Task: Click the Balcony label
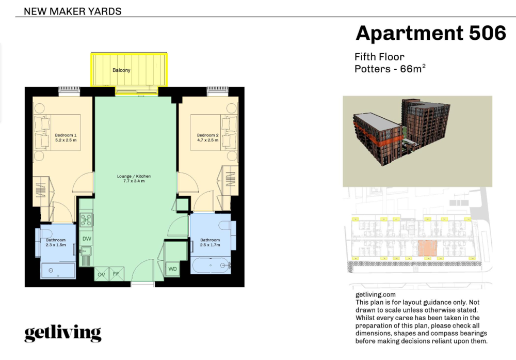tap(121, 70)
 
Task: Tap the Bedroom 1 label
tap(66, 135)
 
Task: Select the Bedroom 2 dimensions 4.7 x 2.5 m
tap(207, 140)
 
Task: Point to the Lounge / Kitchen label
tap(134, 176)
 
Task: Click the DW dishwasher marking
tap(87, 239)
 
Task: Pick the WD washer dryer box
tap(172, 269)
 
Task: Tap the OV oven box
tap(101, 274)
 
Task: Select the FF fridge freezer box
tap(116, 274)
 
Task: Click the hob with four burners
tap(86, 220)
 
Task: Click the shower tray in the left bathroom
tap(58, 271)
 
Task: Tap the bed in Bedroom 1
tap(58, 132)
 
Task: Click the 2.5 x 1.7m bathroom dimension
tap(210, 245)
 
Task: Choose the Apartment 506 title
tap(431, 33)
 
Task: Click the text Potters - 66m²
tap(390, 69)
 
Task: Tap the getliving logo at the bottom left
tap(62, 333)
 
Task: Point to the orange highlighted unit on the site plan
tap(427, 248)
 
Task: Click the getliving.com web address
tap(376, 295)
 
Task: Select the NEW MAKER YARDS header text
tap(73, 11)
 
